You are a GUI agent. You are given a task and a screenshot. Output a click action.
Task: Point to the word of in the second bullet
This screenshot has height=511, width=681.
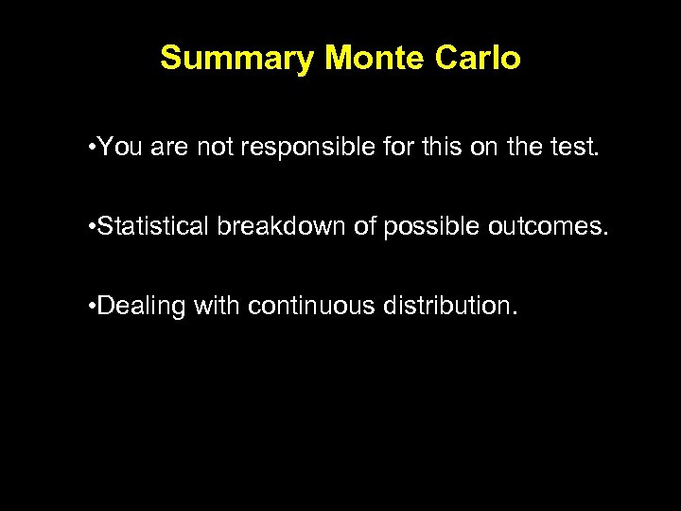tap(364, 227)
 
